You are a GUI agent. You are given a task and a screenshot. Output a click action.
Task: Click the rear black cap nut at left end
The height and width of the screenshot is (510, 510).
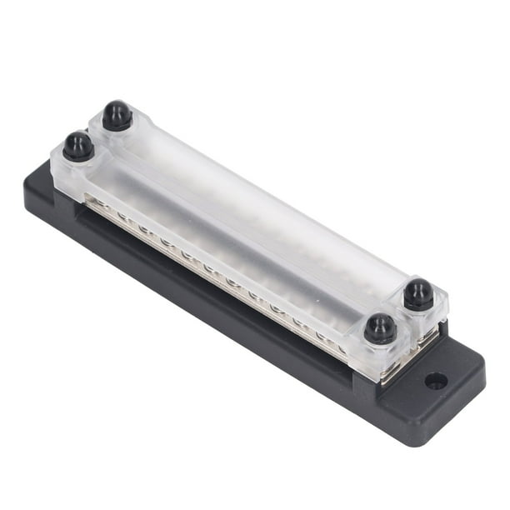117,115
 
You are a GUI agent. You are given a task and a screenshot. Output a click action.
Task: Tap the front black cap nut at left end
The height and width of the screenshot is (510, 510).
78,146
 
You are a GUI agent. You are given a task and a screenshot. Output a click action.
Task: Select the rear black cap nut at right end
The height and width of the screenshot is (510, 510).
418,294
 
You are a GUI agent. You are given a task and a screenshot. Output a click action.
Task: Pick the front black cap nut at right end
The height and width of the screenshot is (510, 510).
381,327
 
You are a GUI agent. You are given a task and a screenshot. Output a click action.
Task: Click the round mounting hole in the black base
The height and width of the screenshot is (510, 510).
435,381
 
